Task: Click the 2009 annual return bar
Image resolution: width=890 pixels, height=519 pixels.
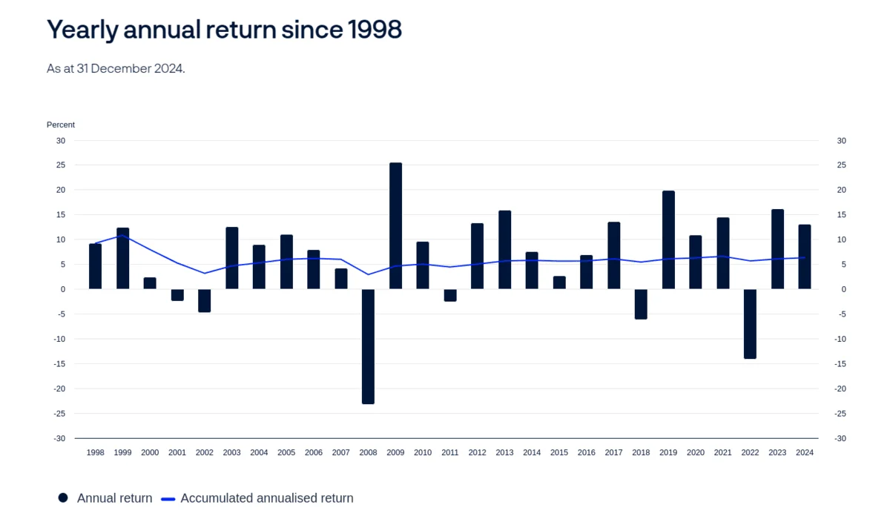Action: pyautogui.click(x=395, y=225)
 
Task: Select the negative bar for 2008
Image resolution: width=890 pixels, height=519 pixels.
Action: pyautogui.click(x=368, y=346)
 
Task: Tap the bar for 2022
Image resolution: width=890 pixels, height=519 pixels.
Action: pyautogui.click(x=750, y=324)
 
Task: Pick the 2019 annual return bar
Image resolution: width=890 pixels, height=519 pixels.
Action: pyautogui.click(x=668, y=239)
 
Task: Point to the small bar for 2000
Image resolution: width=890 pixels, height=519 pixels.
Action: pyautogui.click(x=150, y=283)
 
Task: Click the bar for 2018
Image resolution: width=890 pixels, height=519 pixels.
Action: pyautogui.click(x=641, y=304)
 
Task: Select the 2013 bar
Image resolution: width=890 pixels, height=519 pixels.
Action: pyautogui.click(x=504, y=250)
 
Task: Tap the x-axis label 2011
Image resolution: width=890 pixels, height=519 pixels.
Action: pyautogui.click(x=450, y=452)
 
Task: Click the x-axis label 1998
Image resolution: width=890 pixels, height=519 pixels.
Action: pyautogui.click(x=96, y=452)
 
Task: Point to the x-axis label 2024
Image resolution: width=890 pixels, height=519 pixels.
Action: pyautogui.click(x=804, y=452)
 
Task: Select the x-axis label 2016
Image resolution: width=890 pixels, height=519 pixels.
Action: pyautogui.click(x=586, y=452)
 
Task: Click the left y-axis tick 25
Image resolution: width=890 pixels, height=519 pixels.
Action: pyautogui.click(x=61, y=165)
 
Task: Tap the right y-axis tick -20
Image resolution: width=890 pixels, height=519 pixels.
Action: pyautogui.click(x=840, y=389)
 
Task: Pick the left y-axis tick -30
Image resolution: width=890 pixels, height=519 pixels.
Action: pyautogui.click(x=59, y=438)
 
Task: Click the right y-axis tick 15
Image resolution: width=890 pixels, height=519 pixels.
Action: pyautogui.click(x=841, y=215)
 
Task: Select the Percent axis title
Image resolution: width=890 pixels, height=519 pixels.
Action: pyautogui.click(x=61, y=125)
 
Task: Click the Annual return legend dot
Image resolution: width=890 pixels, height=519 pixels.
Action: pyautogui.click(x=63, y=498)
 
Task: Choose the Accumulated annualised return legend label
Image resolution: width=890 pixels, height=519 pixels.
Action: pyautogui.click(x=267, y=498)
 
